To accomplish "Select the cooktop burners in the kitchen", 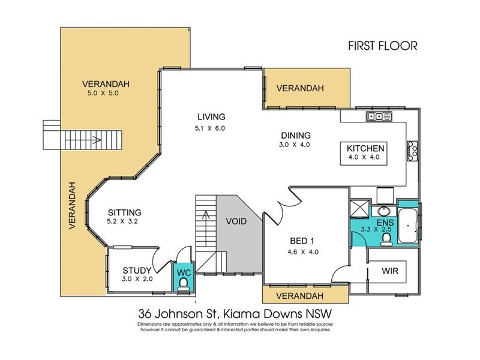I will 412,148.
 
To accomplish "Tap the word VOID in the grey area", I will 236,221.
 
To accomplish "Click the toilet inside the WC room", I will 183,285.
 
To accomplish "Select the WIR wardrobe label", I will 390,271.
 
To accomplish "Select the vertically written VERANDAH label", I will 73,205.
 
